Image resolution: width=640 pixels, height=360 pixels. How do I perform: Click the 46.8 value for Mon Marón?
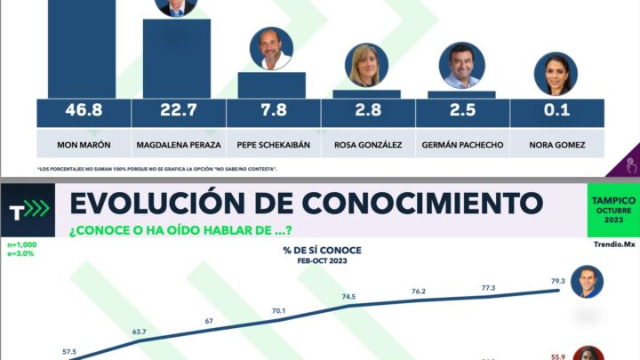pos(84,112)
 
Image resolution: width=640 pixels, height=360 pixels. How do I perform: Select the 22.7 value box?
pos(178,112)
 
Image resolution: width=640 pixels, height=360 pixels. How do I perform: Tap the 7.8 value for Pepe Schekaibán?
pos(273,112)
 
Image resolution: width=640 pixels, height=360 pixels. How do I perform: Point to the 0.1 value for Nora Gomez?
pos(557,112)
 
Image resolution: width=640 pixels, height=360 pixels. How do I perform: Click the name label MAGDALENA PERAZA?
pos(178,143)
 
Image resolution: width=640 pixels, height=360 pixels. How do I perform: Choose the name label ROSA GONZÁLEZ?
pos(368,143)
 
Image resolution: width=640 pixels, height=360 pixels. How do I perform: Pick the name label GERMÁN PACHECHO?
pos(462,143)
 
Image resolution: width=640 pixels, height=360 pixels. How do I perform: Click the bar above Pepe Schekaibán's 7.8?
pos(272,85)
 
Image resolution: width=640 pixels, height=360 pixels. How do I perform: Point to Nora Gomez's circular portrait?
pos(556,74)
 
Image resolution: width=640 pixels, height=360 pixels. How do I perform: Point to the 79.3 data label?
pos(557,282)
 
